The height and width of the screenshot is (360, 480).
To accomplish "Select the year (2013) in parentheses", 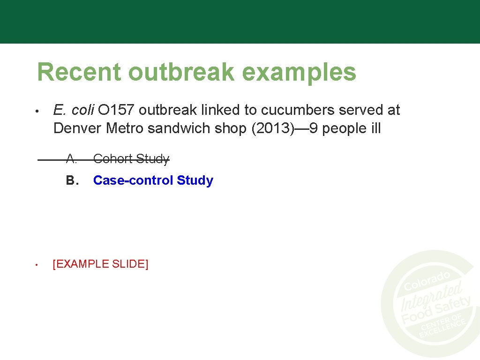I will pos(272,128).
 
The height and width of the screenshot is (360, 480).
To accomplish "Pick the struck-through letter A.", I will pos(71,159).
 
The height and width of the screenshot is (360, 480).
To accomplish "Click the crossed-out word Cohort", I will pos(112,159).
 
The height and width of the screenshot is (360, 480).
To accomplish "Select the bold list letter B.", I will pos(71,180).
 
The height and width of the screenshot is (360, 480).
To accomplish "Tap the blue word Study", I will pos(195,180).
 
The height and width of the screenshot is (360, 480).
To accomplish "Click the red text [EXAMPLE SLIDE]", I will pos(101,264).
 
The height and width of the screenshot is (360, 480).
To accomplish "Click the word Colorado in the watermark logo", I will pos(427,280).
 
